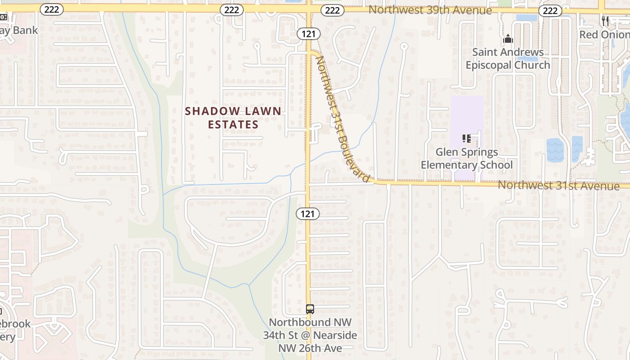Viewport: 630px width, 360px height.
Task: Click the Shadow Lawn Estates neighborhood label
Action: click(233, 117)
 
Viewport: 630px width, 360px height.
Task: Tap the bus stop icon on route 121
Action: click(310, 309)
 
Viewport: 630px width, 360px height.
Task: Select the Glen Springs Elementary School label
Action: click(467, 158)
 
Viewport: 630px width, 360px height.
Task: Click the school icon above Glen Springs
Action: click(466, 139)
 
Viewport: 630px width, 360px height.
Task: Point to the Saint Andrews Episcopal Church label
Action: click(508, 58)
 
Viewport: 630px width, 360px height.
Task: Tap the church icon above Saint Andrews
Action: click(508, 39)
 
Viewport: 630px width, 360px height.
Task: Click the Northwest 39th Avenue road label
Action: click(430, 10)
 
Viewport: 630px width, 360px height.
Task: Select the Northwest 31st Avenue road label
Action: click(558, 185)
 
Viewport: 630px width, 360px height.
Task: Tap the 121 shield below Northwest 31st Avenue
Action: click(308, 214)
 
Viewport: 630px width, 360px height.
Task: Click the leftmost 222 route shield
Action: click(52, 9)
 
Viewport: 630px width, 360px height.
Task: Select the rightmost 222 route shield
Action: click(550, 11)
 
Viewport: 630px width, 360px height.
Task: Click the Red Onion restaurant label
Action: click(604, 35)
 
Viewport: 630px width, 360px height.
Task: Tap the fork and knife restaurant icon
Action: click(605, 21)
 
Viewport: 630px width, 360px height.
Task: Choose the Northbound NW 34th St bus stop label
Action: click(310, 335)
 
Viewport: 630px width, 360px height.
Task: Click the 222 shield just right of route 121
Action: click(332, 10)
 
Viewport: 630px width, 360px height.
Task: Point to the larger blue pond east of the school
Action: click(555, 150)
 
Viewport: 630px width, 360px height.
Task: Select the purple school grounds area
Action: click(467, 112)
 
